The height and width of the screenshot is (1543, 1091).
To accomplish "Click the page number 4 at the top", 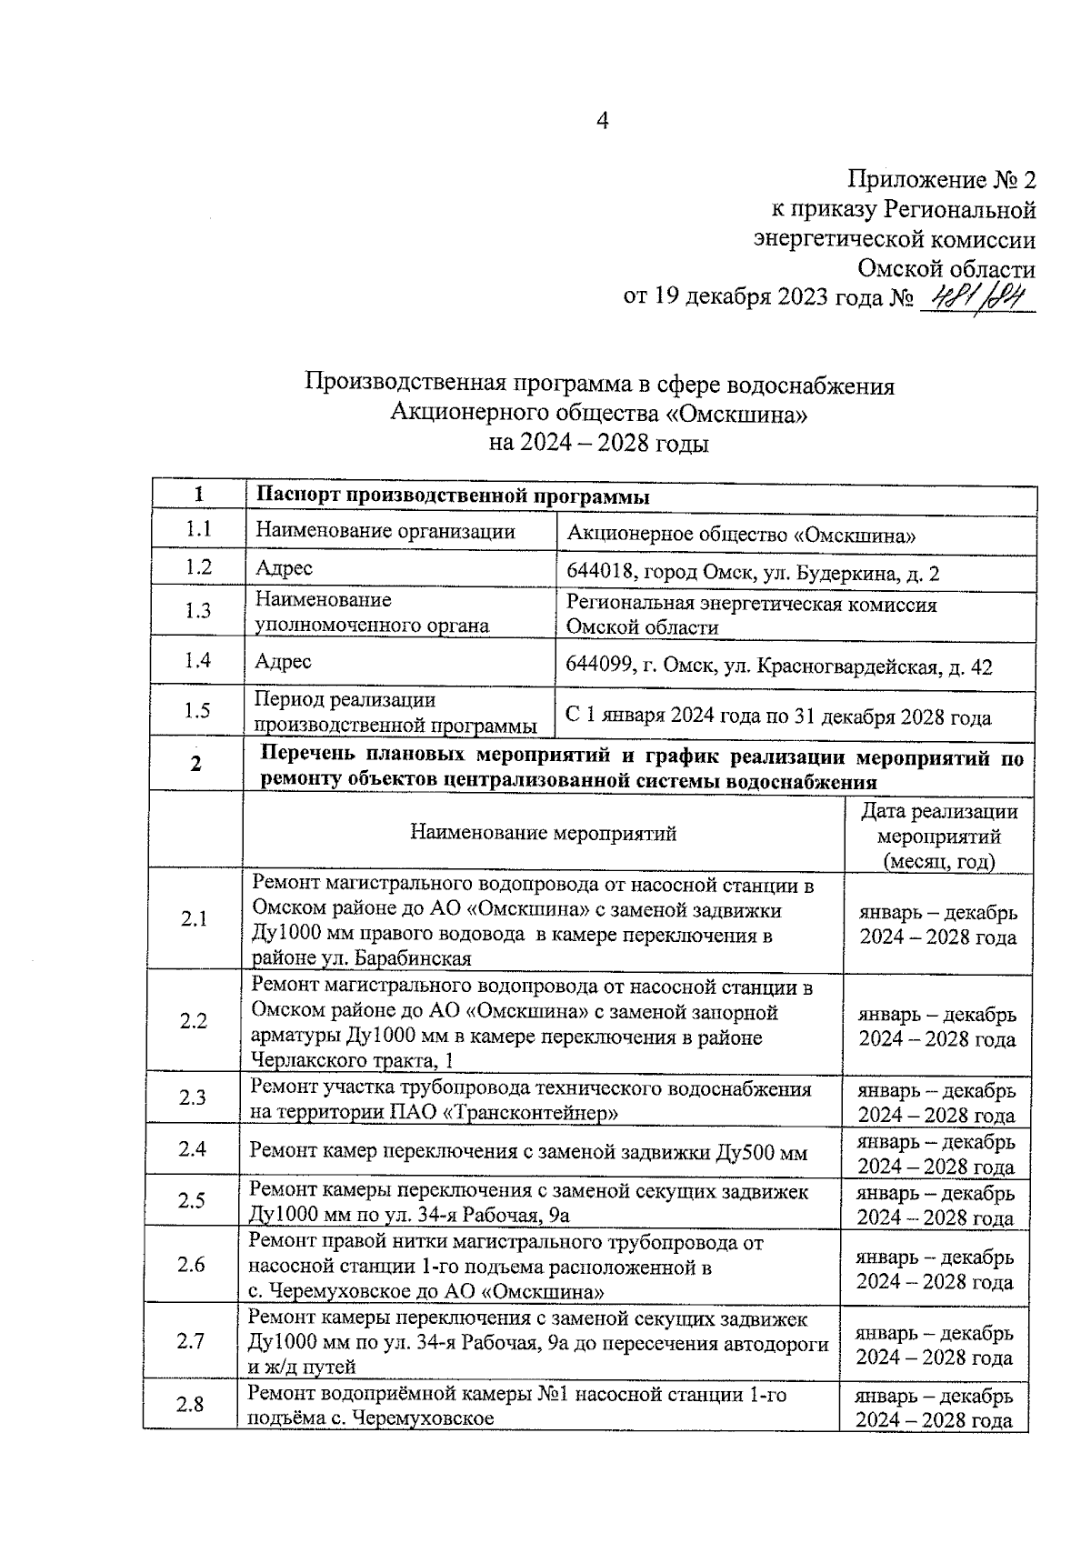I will point(601,121).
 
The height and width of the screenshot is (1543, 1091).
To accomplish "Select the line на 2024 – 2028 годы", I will point(598,445).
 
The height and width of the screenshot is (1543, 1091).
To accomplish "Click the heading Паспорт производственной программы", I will point(453,496).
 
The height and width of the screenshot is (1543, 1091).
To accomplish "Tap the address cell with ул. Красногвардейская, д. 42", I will point(778,667).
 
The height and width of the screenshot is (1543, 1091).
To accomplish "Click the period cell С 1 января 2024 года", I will point(778,717).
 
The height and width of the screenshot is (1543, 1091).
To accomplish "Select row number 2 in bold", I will point(195,764).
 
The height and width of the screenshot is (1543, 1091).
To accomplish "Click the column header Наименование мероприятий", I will point(543,833).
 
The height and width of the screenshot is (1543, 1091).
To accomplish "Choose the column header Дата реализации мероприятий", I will point(938,836).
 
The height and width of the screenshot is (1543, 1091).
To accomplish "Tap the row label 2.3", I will point(192,1097).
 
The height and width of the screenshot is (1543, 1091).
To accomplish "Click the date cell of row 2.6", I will point(935,1269).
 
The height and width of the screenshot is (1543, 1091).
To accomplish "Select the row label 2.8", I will point(190,1405).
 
